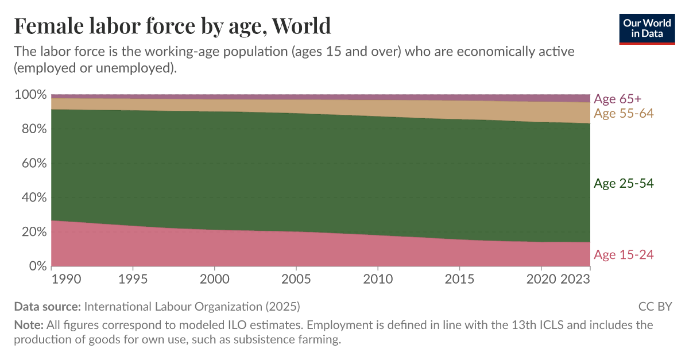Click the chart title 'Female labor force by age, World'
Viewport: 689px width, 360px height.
172,26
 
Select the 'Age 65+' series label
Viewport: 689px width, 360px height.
617,98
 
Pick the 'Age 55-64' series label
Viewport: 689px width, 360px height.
624,113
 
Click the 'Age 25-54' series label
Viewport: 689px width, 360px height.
624,184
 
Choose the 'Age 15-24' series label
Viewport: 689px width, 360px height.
624,254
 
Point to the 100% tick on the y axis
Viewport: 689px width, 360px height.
30,94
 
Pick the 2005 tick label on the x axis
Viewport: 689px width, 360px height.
296,280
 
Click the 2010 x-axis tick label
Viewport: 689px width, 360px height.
378,280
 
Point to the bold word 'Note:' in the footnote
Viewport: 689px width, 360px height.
28,325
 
